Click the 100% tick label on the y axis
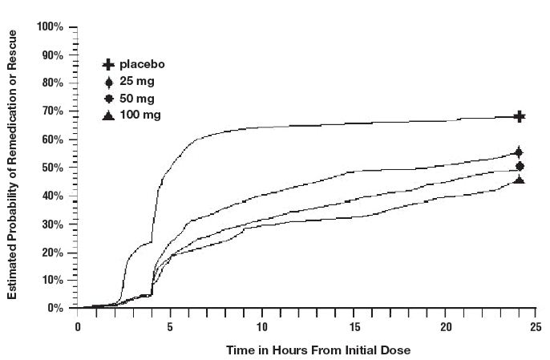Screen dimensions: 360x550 pyautogui.click(x=50, y=27)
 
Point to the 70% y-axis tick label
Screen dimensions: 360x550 pyautogui.click(x=52, y=111)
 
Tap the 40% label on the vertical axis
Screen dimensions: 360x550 pyautogui.click(x=52, y=196)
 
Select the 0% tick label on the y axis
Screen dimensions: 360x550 pyautogui.click(x=55, y=308)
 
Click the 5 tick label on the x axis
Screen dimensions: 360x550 pyautogui.click(x=170, y=326)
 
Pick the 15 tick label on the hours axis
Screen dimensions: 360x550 pyautogui.click(x=350, y=326)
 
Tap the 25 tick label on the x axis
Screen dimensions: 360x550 pyautogui.click(x=532, y=326)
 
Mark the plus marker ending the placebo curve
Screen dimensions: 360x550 pyautogui.click(x=520, y=116)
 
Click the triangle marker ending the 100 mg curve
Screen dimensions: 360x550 pyautogui.click(x=520, y=180)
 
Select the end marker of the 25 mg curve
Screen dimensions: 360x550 pyautogui.click(x=520, y=152)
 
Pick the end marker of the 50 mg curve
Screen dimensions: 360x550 pyautogui.click(x=520, y=166)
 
